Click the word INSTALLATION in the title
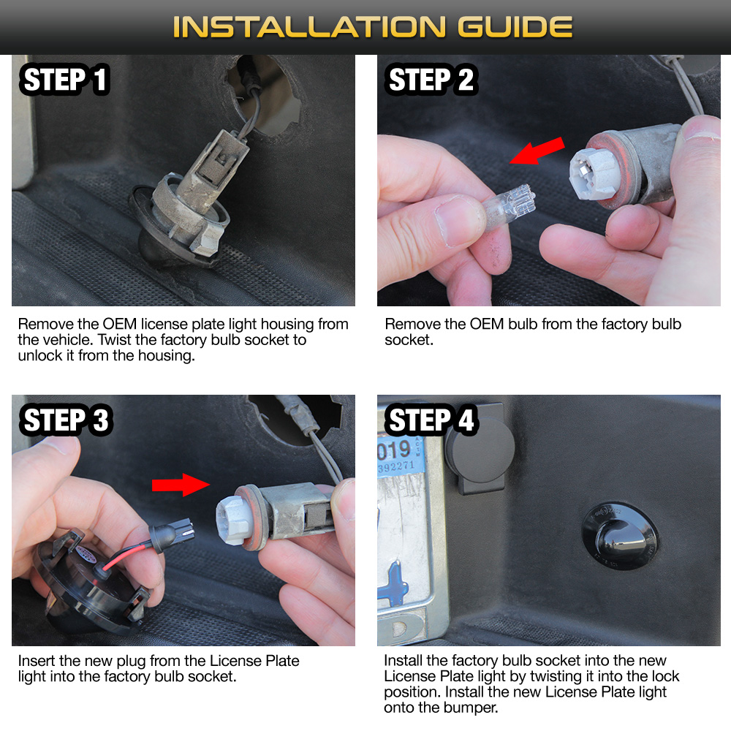tap(309, 26)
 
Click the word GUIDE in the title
tap(515, 26)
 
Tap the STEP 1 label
tap(65, 79)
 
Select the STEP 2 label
tap(431, 79)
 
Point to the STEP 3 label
tap(66, 420)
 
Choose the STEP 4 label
tap(431, 420)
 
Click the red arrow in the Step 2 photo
tap(537, 151)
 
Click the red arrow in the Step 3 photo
tap(181, 485)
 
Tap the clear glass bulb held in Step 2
tap(508, 205)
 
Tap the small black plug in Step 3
tap(171, 534)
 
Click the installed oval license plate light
tap(621, 536)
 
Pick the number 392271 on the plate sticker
tap(395, 466)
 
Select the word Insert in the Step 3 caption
tap(37, 661)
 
